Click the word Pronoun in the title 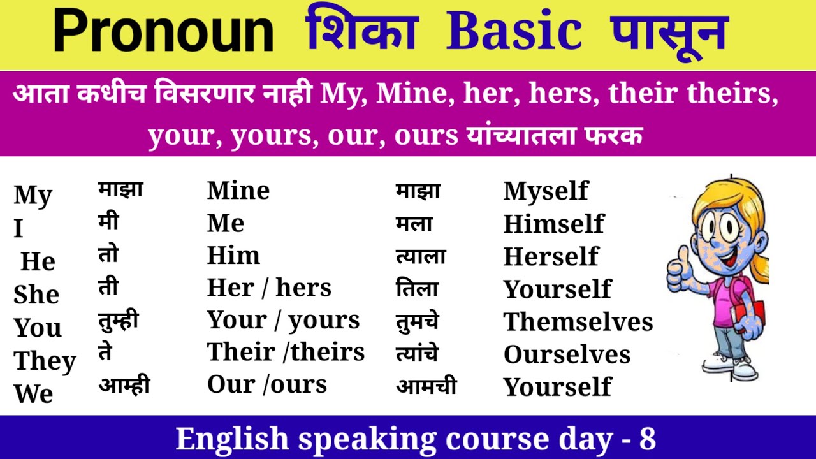tap(163, 31)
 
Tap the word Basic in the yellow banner tap(514, 31)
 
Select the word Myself tap(546, 191)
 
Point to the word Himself tap(553, 224)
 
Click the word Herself tap(551, 256)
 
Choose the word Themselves tap(578, 322)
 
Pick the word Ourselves tap(567, 354)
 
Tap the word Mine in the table tap(238, 191)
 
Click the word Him tap(233, 256)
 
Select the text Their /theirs tap(286, 352)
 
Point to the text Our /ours tap(267, 384)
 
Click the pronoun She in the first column tap(36, 295)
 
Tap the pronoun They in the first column tap(45, 361)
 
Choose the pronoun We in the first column tap(33, 393)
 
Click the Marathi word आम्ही tap(124, 385)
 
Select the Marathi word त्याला tap(421, 256)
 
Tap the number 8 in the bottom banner tap(647, 439)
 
